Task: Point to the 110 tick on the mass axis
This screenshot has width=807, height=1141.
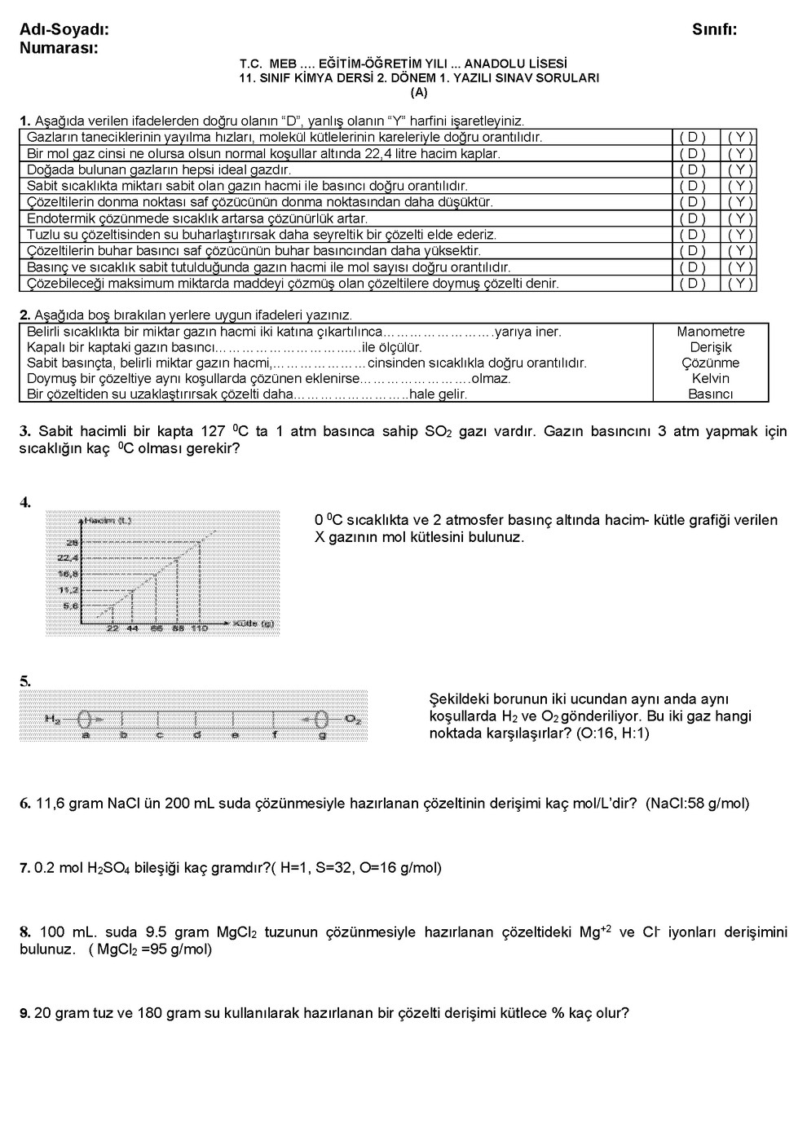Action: point(200,628)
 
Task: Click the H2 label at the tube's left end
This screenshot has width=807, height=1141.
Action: point(53,719)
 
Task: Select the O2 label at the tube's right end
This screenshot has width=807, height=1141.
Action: point(352,719)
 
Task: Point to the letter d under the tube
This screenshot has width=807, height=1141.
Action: point(196,734)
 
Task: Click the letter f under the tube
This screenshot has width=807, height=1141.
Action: point(275,734)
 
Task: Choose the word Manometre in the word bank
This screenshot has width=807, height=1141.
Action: point(710,332)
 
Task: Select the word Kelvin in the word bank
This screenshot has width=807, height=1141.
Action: point(710,379)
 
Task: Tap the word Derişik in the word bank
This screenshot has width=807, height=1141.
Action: point(710,347)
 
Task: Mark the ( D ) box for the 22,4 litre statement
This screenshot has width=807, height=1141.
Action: point(692,154)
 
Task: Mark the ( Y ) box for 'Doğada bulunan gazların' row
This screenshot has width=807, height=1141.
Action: point(740,170)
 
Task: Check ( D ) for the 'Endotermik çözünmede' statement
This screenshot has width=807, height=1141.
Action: point(692,218)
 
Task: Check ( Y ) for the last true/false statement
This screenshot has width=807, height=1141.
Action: point(740,284)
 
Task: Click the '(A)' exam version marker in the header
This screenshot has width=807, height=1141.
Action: point(419,92)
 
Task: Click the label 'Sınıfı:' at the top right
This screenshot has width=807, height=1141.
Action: point(714,30)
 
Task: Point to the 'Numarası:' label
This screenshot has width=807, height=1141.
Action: point(59,48)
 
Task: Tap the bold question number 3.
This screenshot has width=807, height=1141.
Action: point(24,431)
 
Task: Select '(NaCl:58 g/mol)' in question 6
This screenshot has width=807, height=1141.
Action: point(697,804)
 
